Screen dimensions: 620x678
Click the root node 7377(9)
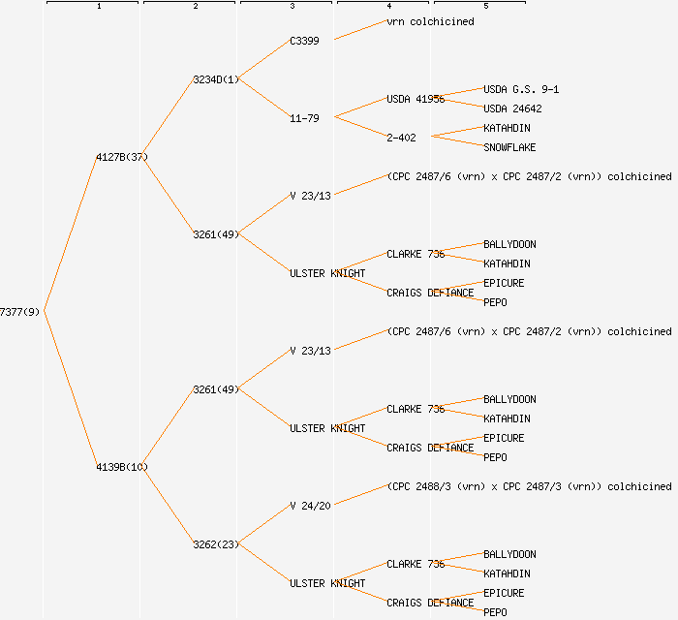tap(19, 312)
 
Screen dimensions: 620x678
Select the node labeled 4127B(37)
tap(121, 157)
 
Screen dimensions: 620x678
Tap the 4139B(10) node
tap(121, 467)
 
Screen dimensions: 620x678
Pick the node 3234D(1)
tap(216, 79)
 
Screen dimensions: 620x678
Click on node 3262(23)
tap(216, 544)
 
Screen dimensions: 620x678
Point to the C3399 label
tap(304, 41)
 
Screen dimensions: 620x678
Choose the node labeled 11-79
tap(304, 118)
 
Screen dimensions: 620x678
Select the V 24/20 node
tap(310, 506)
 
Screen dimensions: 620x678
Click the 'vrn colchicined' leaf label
tap(430, 21)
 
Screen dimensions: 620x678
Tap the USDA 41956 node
tap(416, 99)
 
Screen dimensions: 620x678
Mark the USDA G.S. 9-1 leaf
tap(521, 89)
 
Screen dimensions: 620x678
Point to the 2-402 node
tap(401, 138)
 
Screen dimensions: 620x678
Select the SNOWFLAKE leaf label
tap(509, 147)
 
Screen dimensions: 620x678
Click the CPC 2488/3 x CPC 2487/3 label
tap(529, 486)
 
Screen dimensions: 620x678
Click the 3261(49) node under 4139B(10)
tap(216, 389)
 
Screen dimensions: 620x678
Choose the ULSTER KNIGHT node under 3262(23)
tap(327, 583)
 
